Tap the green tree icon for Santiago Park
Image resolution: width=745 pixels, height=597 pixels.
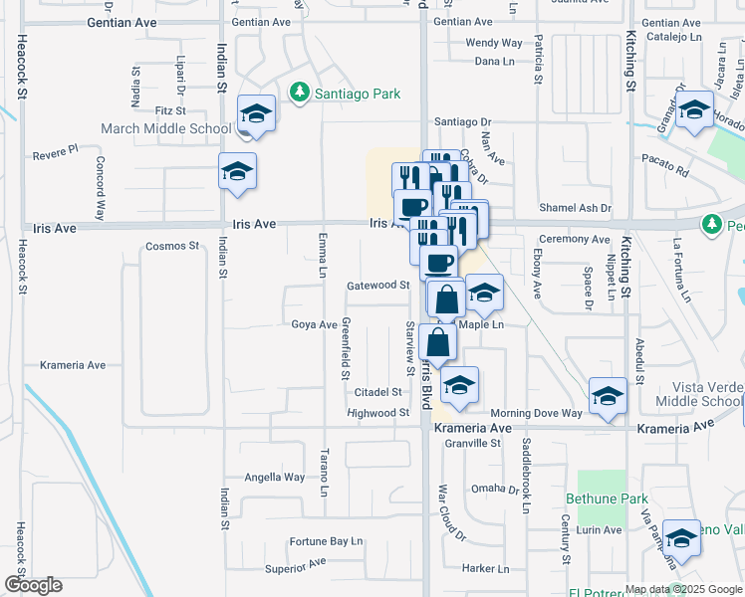298,93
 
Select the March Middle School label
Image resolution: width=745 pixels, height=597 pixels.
165,128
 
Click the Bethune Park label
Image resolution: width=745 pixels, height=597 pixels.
607,498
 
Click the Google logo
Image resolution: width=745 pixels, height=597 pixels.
33,585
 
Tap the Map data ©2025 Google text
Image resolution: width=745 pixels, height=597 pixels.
683,589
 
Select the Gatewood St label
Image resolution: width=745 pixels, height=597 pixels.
378,285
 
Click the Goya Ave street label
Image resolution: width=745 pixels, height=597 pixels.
314,324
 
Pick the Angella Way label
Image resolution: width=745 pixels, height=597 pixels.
275,477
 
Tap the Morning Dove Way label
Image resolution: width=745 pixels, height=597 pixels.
535,413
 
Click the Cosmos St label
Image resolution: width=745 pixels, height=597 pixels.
172,246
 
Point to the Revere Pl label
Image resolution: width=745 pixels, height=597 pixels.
55,154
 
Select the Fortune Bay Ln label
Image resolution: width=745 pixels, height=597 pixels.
326,541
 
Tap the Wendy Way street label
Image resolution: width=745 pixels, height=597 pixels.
494,43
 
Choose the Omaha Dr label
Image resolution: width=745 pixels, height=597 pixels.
496,488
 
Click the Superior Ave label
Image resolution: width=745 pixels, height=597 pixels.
296,564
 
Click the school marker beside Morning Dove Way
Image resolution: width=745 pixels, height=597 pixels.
608,397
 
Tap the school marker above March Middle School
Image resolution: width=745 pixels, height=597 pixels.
257,113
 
